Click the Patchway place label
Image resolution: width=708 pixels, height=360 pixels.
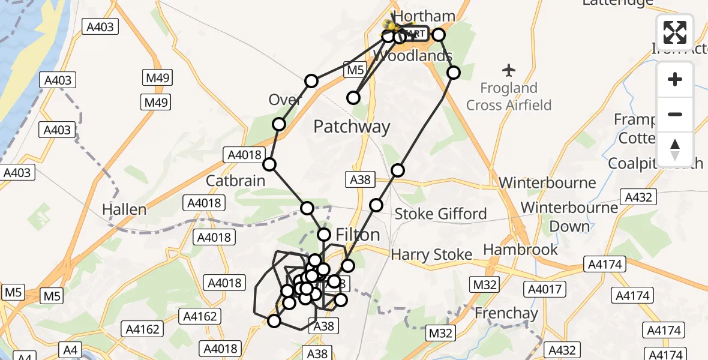(352, 127)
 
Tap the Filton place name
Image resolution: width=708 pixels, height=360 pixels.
(358, 235)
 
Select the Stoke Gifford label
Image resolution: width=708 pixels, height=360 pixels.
(440, 214)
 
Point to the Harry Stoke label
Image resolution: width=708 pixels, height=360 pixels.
(431, 255)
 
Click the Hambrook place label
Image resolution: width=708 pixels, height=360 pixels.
(521, 250)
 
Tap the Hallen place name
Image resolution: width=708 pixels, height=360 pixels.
(124, 209)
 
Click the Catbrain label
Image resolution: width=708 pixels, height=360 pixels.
(235, 181)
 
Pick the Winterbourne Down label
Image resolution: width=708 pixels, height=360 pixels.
(569, 217)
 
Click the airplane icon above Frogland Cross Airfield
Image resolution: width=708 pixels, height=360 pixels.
(509, 70)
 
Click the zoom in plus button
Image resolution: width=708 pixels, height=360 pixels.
(675, 79)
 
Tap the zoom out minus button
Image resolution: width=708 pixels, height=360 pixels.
(675, 114)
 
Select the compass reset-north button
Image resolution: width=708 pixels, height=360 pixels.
(675, 149)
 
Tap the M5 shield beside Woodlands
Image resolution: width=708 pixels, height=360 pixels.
(355, 70)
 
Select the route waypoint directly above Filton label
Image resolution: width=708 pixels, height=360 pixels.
(324, 235)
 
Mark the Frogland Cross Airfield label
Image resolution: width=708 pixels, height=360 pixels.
(509, 97)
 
